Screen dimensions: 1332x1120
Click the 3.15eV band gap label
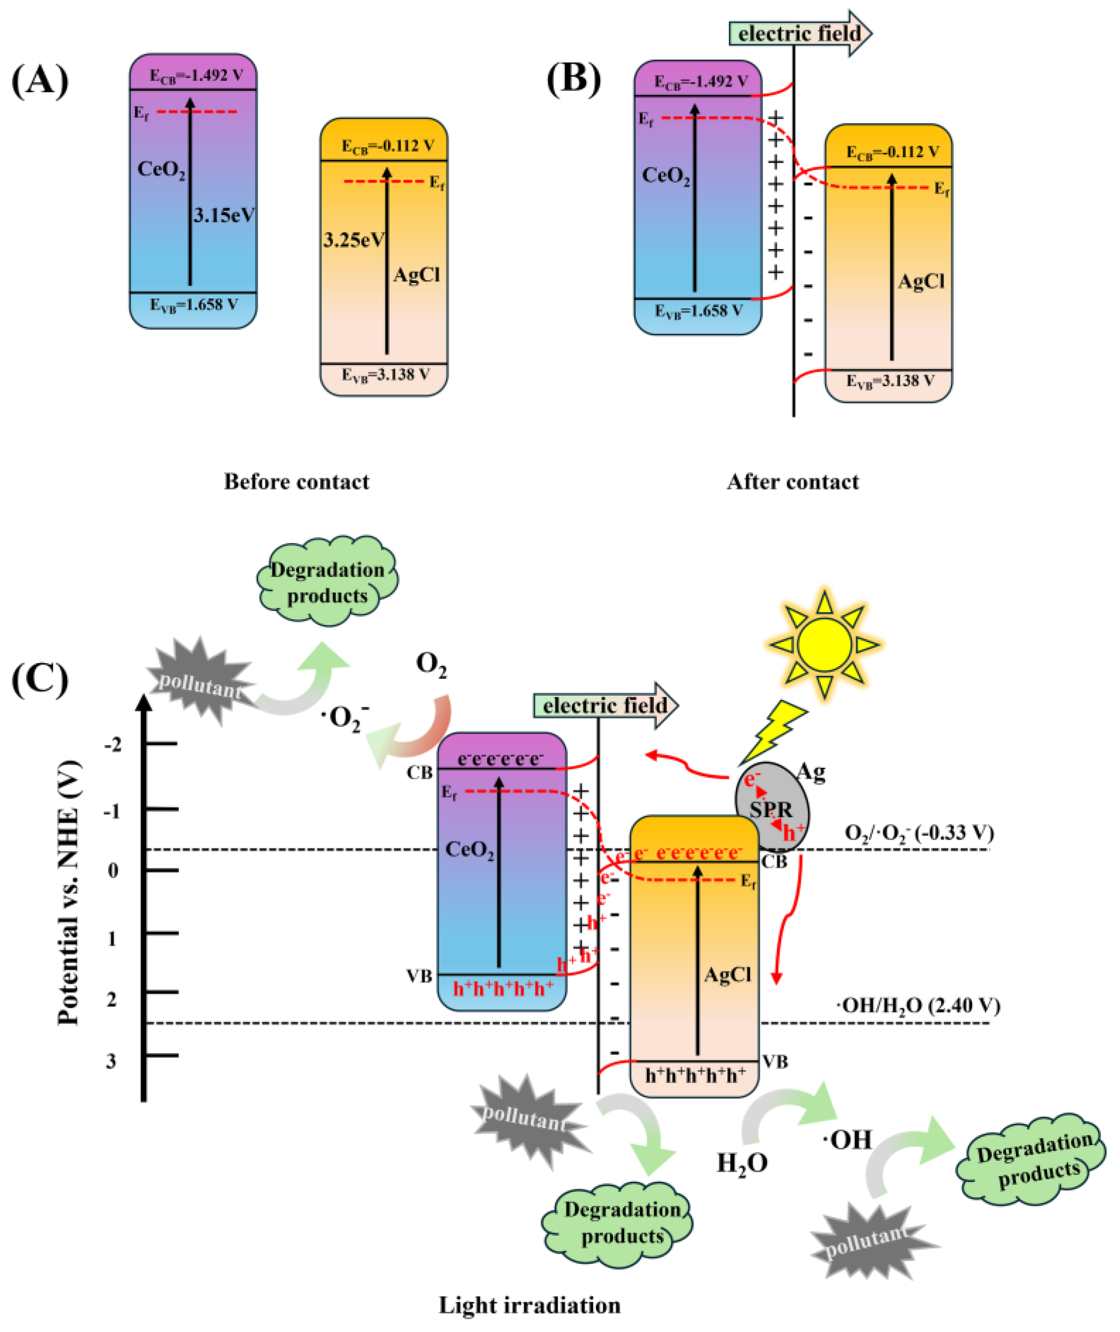coord(224,216)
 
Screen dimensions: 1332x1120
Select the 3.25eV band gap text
coord(353,240)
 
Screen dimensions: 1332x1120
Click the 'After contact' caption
coord(792,481)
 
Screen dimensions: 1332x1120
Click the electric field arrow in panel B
coord(800,33)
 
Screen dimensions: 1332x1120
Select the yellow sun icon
coord(824,645)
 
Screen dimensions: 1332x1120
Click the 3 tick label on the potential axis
coord(112,1061)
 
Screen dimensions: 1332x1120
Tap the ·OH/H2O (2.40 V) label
coord(918,1006)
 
